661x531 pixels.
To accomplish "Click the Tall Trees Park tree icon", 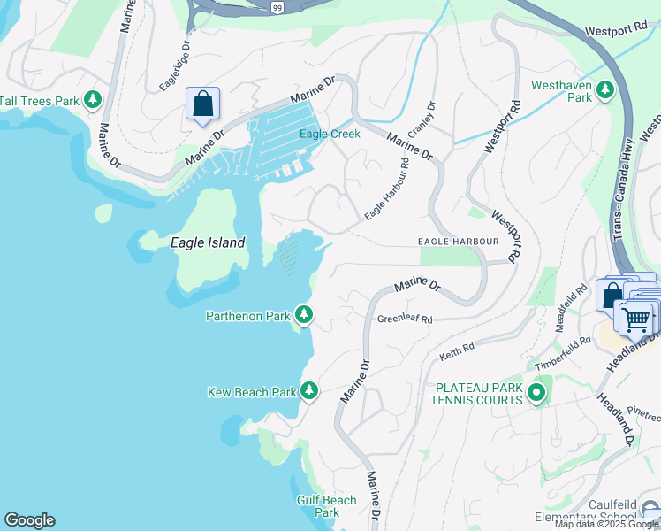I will [93, 100].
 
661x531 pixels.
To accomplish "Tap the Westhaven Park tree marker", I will [605, 90].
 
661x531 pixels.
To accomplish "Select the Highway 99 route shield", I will [277, 6].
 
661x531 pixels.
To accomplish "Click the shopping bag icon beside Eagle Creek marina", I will [203, 104].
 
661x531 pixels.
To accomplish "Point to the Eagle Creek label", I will [330, 135].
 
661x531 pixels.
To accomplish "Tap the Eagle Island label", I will [207, 242].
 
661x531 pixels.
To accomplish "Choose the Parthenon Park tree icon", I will [304, 315].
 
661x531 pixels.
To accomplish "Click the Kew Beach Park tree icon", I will [308, 390].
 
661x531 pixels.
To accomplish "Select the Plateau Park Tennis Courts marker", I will [536, 393].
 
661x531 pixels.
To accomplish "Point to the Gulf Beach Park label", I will [327, 506].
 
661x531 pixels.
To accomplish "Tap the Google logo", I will [29, 520].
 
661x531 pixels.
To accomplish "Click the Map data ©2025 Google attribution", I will [607, 524].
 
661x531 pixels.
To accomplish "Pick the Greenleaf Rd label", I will [405, 319].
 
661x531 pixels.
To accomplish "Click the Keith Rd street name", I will [457, 352].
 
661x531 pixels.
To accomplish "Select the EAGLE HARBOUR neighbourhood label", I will [459, 241].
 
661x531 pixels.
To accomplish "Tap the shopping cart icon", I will [636, 319].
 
